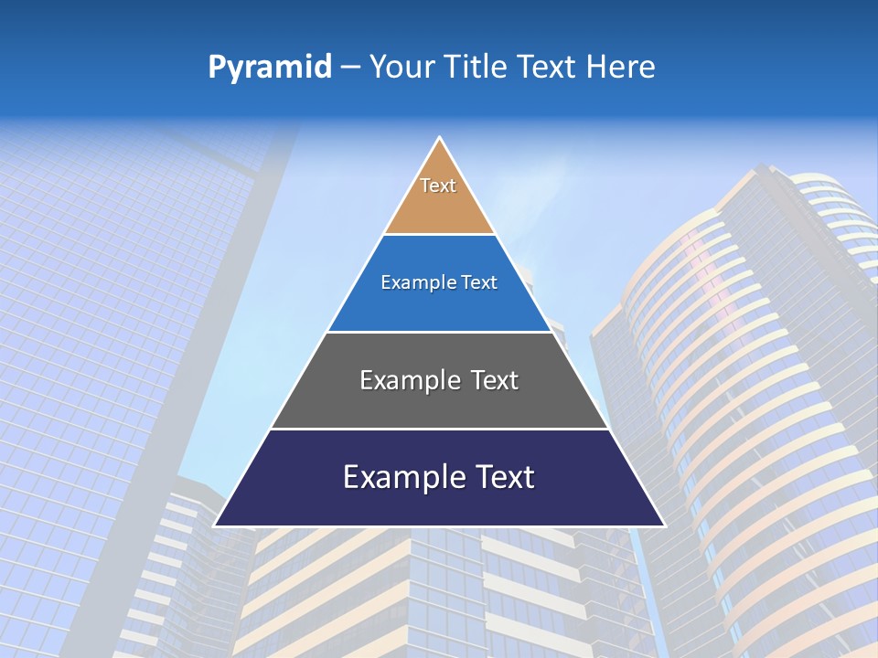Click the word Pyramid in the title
[x=270, y=68]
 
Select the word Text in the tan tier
[x=438, y=186]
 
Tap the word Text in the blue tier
[x=478, y=282]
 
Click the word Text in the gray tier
[x=495, y=380]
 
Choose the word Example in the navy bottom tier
[x=402, y=477]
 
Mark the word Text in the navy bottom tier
[x=503, y=477]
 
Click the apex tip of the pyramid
[x=440, y=138]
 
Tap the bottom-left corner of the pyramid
[x=215, y=525]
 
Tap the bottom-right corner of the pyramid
[x=664, y=525]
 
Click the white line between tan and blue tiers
[x=439, y=235]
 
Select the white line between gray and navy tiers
[x=439, y=429]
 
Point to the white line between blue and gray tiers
[x=439, y=332]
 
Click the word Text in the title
[x=549, y=68]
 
